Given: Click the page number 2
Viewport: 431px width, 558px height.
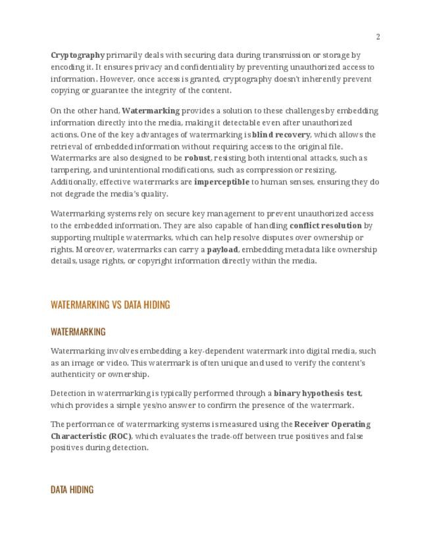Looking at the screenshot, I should (378, 37).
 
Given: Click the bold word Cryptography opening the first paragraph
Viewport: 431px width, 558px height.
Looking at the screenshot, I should (78, 55).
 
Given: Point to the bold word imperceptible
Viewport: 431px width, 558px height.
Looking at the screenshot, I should (221, 182).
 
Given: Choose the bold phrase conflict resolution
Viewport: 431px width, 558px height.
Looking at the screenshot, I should (325, 226).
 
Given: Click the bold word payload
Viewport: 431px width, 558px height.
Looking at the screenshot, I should (222, 249).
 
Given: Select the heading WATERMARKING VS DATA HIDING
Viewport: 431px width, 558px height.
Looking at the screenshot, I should (110, 305).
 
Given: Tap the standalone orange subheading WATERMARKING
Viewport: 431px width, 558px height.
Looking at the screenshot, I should (78, 332).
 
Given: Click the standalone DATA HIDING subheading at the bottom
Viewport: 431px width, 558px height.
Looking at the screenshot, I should (72, 490).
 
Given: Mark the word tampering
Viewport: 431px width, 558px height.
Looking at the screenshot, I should (70, 170).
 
